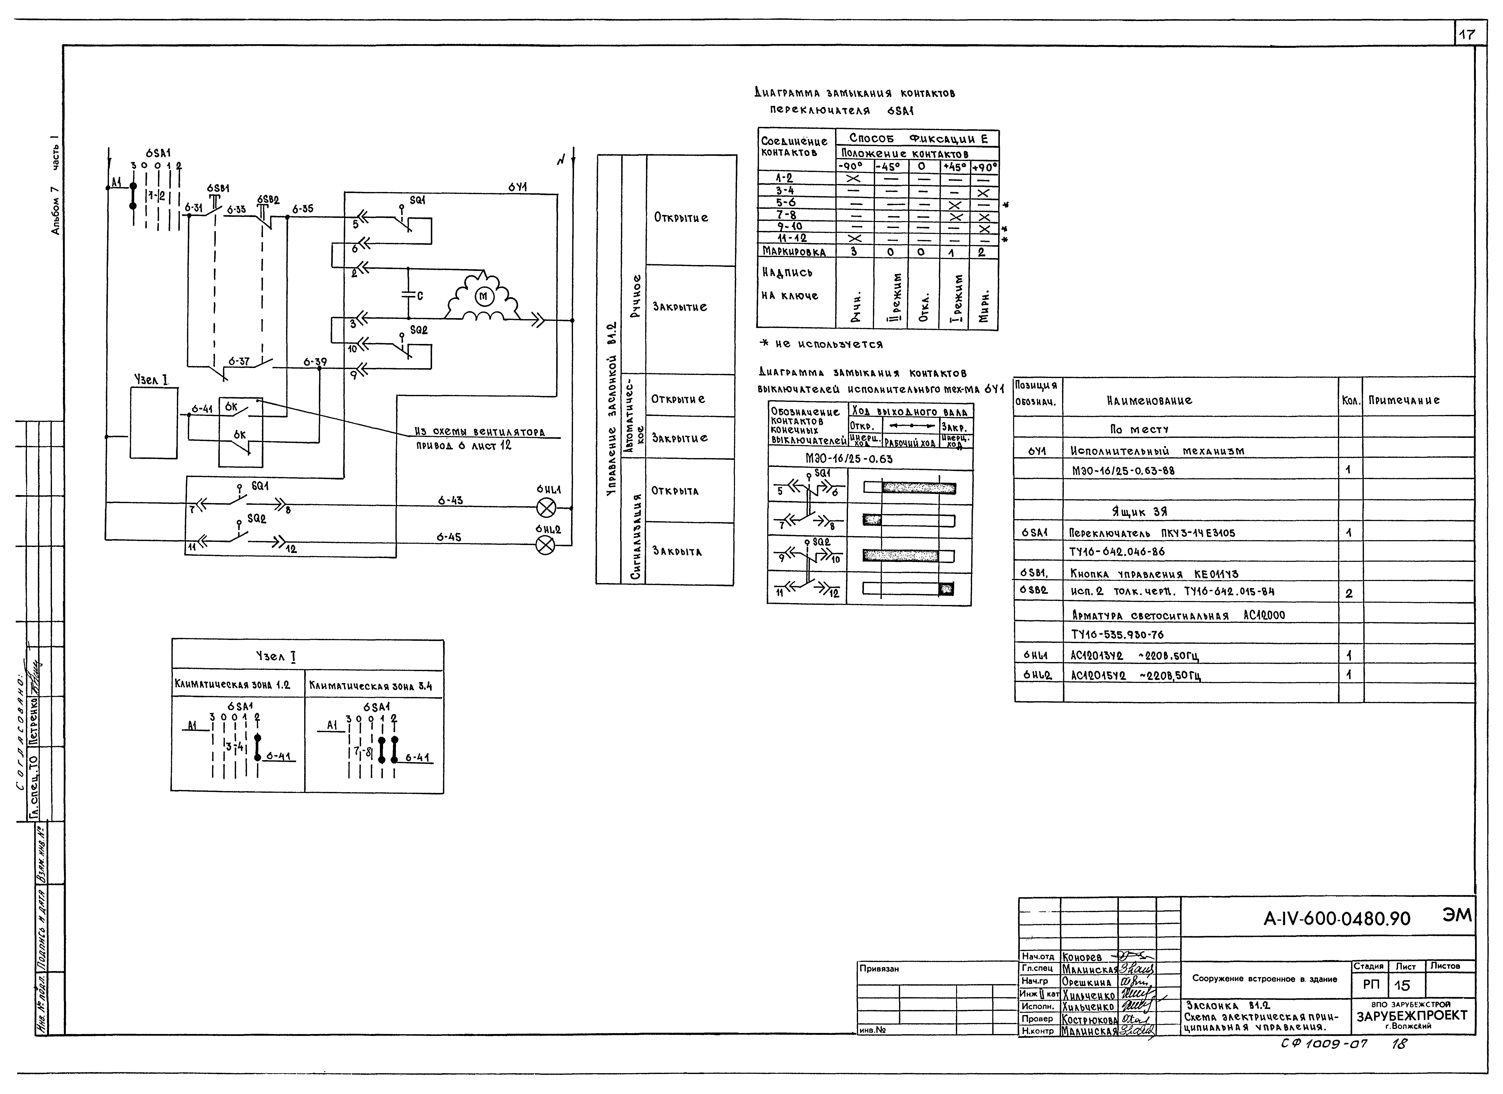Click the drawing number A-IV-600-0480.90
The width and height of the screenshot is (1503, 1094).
(1337, 919)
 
